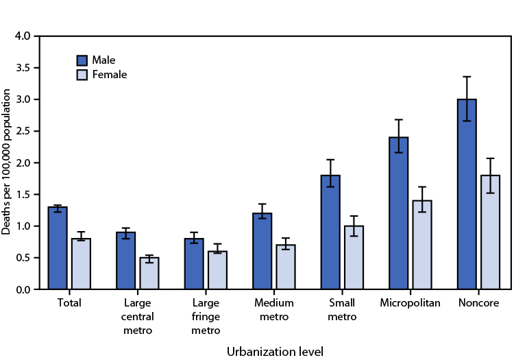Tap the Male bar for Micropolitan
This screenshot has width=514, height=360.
pos(398,213)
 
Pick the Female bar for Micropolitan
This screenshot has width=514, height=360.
pos(421,245)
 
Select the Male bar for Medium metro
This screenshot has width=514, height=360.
pos(262,251)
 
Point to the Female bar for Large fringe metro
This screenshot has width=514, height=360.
pos(217,270)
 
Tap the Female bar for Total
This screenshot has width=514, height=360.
pos(81,264)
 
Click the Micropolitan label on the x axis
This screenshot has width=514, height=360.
pos(410,302)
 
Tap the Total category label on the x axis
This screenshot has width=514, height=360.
pos(69,302)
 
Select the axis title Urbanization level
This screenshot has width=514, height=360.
pos(274,350)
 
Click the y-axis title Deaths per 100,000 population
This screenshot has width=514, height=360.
pos(7,163)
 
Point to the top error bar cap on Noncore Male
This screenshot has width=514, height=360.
pos(467,77)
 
